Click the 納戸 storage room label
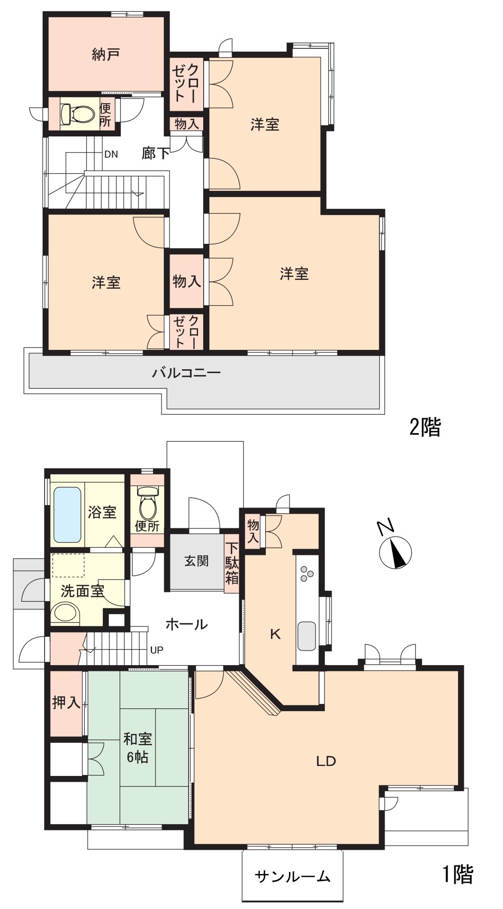pyautogui.click(x=105, y=55)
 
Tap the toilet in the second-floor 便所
pyautogui.click(x=79, y=113)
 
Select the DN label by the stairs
pyautogui.click(x=111, y=154)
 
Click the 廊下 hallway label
pyautogui.click(x=156, y=152)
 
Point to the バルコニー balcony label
pyautogui.click(x=186, y=373)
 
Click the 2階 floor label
pyautogui.click(x=425, y=428)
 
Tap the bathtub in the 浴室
pyautogui.click(x=67, y=514)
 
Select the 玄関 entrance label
pyautogui.click(x=196, y=561)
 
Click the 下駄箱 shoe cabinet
pyautogui.click(x=232, y=563)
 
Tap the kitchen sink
pyautogui.click(x=306, y=636)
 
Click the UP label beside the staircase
pyautogui.click(x=157, y=650)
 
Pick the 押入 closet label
pyautogui.click(x=66, y=703)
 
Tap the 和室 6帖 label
pyautogui.click(x=137, y=748)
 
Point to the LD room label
pyautogui.click(x=326, y=761)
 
